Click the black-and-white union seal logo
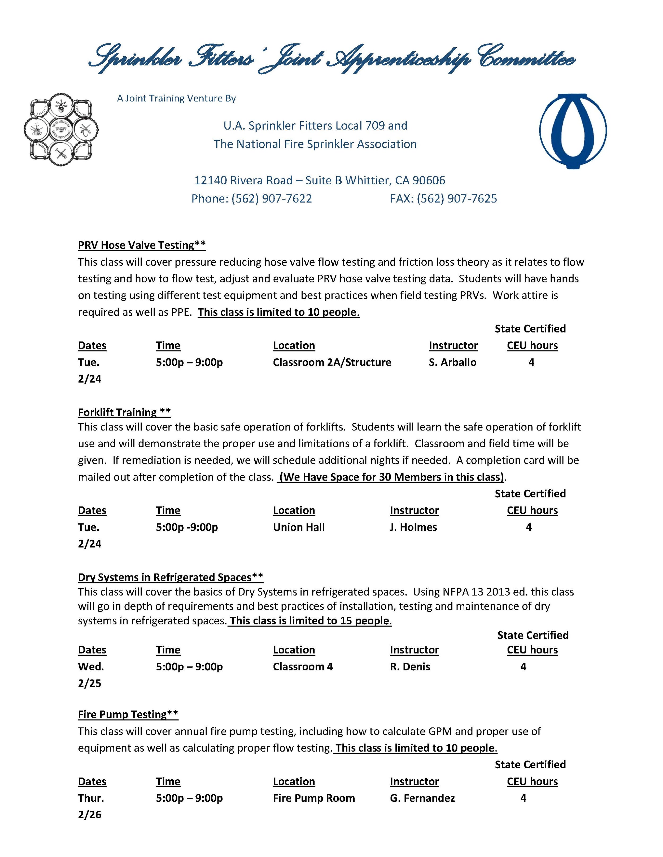tap(61, 130)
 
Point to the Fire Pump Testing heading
tap(128, 714)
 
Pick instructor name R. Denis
tap(410, 667)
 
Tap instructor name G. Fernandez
tap(422, 798)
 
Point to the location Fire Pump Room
tap(314, 798)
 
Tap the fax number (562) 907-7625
tap(457, 199)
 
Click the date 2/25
tap(90, 683)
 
